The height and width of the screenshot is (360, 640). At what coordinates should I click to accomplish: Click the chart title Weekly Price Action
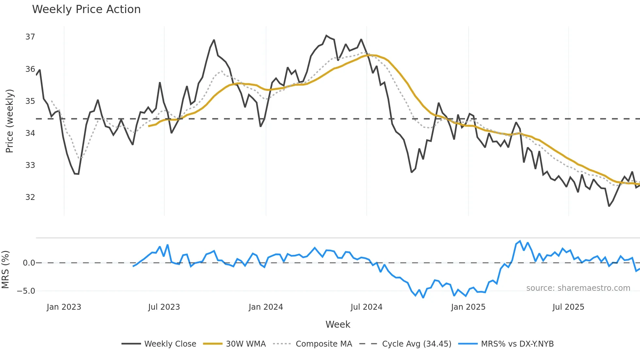click(x=86, y=9)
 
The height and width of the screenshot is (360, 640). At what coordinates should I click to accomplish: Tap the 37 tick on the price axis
click(x=30, y=37)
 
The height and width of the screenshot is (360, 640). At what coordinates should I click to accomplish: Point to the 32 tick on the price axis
click(x=30, y=197)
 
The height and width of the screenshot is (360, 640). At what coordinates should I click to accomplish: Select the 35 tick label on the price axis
click(x=30, y=101)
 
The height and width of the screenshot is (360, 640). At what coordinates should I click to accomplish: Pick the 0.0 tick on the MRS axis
click(x=29, y=263)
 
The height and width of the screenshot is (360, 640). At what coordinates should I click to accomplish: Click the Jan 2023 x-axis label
click(x=64, y=307)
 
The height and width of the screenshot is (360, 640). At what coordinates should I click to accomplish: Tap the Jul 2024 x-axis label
click(x=366, y=307)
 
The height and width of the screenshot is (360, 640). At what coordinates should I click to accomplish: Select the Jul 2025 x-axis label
click(x=568, y=307)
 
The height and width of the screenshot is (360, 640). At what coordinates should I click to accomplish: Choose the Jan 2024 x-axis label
click(x=266, y=307)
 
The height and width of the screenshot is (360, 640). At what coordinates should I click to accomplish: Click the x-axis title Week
click(x=338, y=324)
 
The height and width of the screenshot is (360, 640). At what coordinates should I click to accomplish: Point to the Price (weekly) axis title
click(x=9, y=121)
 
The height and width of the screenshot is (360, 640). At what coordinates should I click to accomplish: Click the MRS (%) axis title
click(x=5, y=270)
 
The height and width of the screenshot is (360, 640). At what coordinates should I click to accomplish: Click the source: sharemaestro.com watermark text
click(x=578, y=288)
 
